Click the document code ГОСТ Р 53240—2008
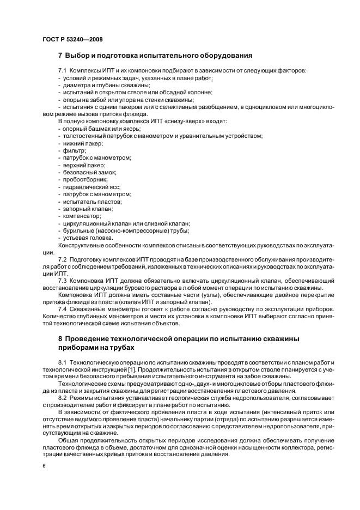(72, 40)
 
